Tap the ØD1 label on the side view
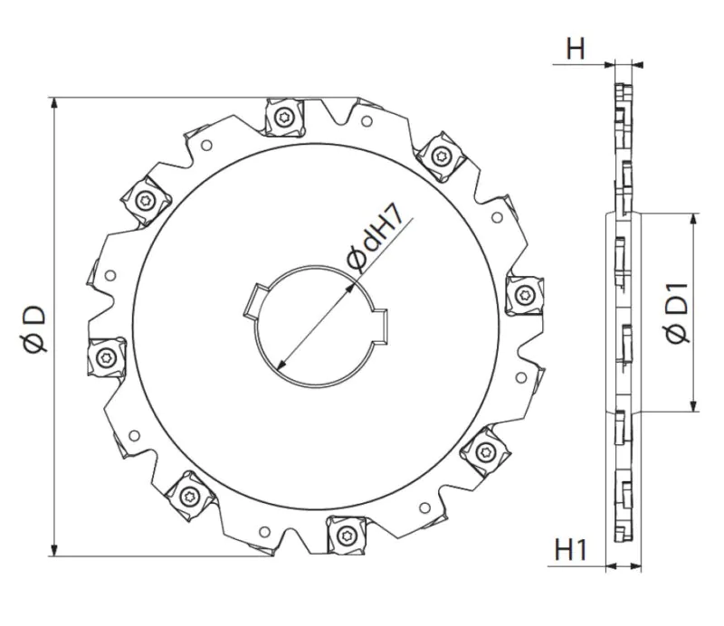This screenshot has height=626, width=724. click(678, 313)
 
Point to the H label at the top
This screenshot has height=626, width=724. click(576, 50)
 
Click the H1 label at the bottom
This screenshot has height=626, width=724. click(572, 548)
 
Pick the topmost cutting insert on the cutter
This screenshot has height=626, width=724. click(285, 118)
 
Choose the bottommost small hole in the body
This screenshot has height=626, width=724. click(263, 533)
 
